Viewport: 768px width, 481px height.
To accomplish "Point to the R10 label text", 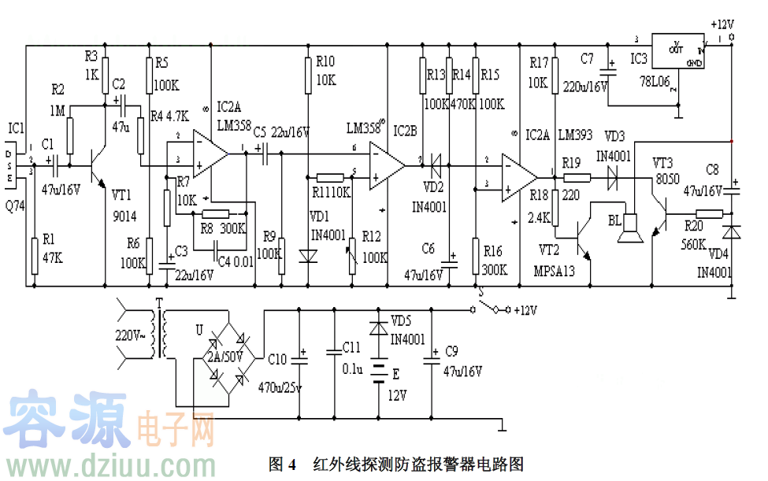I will [325, 61].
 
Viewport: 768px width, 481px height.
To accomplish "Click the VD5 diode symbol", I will [380, 326].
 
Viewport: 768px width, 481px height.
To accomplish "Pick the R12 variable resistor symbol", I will [352, 254].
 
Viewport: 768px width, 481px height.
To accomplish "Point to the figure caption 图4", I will [281, 464].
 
